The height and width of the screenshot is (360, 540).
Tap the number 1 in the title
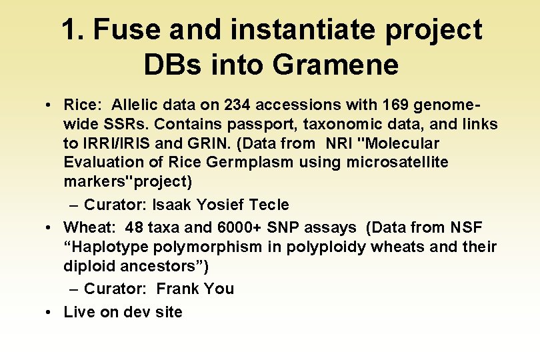(68, 30)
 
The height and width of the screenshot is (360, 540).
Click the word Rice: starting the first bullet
(83, 105)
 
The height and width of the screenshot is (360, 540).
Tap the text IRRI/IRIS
(116, 143)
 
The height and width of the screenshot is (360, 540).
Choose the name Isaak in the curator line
(173, 205)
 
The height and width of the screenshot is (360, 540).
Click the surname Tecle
(267, 205)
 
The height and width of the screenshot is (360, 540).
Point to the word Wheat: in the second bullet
(89, 227)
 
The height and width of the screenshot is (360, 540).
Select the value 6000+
(241, 227)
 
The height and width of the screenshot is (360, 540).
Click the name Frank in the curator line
(179, 289)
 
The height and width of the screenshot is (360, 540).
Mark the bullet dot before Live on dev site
(50, 312)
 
